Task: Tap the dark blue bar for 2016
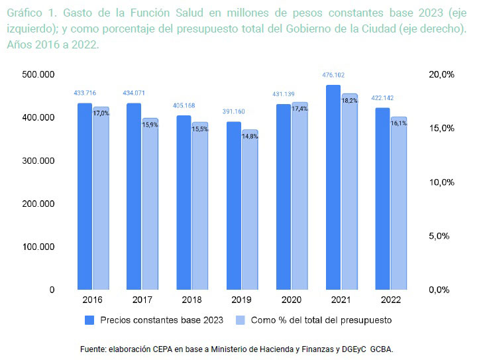tap(85, 196)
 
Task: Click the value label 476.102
tap(333, 76)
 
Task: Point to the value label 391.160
tap(233, 111)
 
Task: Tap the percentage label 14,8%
tap(250, 136)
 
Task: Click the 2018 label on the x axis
tap(191, 300)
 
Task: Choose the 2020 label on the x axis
tap(291, 300)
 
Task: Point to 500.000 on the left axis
tap(38, 75)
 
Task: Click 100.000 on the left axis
tap(38, 247)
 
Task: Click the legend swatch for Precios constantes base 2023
tap(90, 320)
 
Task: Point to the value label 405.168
tap(184, 105)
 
